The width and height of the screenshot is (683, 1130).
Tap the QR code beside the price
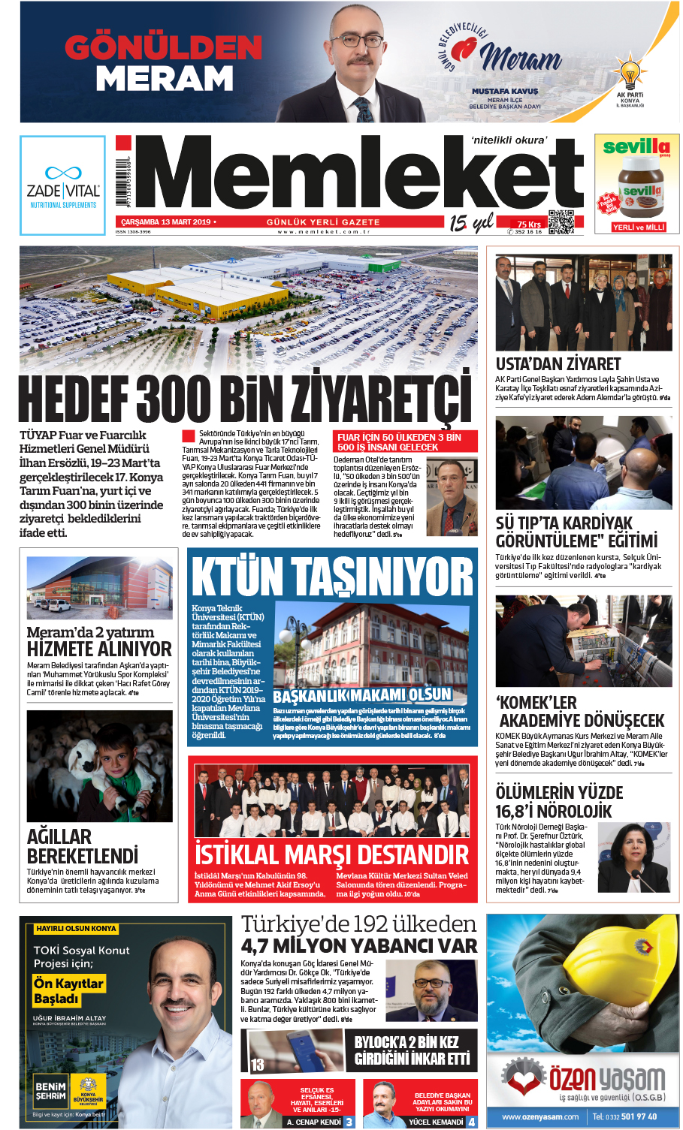(561, 222)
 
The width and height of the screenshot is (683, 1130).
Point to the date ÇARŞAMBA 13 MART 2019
(165, 222)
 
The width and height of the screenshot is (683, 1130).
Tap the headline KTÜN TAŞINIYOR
(332, 577)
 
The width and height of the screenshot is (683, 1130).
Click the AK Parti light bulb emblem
(630, 75)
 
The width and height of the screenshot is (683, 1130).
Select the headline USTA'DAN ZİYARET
(558, 364)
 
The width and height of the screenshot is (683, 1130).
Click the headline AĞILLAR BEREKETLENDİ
(83, 846)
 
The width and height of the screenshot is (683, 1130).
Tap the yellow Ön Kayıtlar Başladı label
(68, 990)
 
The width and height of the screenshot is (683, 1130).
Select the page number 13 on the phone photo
(258, 1064)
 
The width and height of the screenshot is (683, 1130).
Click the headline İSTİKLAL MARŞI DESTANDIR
(331, 854)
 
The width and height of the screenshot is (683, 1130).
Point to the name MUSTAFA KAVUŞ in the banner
(505, 91)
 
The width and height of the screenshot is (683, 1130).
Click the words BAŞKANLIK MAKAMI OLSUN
(362, 695)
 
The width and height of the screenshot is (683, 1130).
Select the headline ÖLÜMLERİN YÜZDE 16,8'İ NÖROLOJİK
(559, 801)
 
